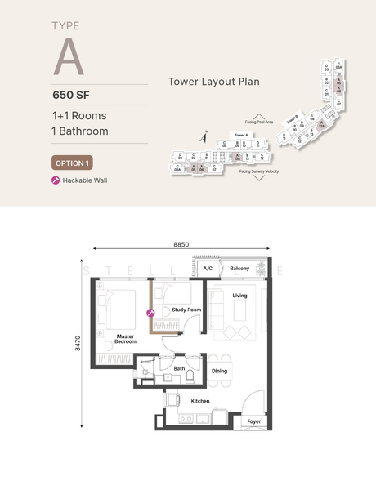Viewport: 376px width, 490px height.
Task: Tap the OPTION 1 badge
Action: click(71, 162)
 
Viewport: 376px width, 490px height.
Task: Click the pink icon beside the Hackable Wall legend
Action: click(56, 180)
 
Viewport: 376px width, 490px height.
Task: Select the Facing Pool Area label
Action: click(257, 122)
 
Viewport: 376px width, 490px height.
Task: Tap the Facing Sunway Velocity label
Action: click(260, 171)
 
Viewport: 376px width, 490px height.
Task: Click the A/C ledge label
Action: click(208, 269)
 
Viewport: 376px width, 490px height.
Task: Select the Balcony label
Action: click(239, 269)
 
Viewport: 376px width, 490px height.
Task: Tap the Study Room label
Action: click(186, 310)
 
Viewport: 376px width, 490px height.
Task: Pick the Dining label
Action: click(219, 372)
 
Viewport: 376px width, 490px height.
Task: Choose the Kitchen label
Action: click(200, 401)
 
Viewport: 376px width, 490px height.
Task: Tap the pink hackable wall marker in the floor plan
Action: click(150, 312)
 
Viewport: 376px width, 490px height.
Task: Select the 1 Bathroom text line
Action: click(79, 131)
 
